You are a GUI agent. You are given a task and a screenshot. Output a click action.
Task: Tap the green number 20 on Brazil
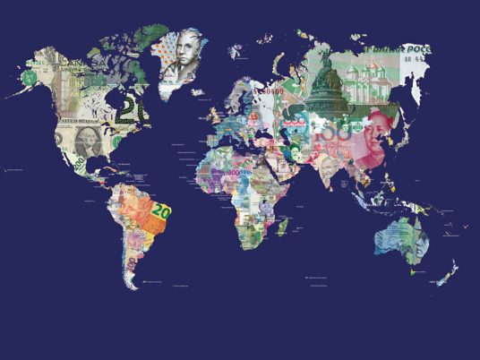pos(161,212)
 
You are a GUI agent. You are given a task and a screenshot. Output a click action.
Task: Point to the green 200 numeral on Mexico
pos(79,166)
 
